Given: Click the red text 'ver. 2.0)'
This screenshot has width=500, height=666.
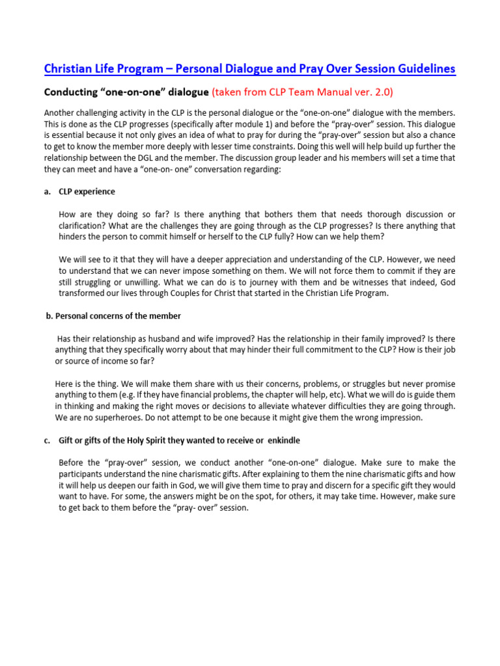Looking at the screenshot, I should point(370,92).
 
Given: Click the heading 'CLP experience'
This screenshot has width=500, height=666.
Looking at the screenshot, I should point(87,191).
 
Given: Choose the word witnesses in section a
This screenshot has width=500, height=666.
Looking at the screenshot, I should point(357,282).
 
